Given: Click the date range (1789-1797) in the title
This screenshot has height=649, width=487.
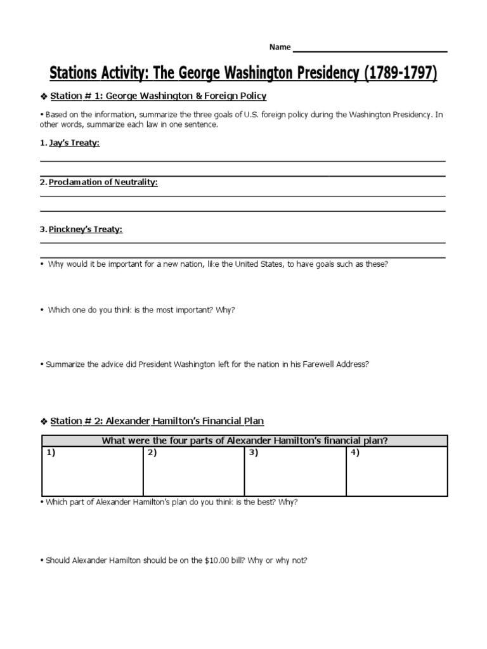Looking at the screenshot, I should tap(399, 74).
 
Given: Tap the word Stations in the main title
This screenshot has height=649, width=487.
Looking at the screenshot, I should tap(74, 74).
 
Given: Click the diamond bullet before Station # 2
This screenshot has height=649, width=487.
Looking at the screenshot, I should tap(43, 421).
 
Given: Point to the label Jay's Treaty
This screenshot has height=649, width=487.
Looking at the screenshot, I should tap(74, 143).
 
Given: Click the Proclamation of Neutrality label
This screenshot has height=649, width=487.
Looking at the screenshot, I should tap(103, 183).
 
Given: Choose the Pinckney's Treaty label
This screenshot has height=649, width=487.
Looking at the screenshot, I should tap(86, 229).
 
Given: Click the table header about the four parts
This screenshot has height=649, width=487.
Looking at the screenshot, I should tap(244, 440).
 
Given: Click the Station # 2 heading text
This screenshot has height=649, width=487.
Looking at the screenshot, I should tap(157, 421).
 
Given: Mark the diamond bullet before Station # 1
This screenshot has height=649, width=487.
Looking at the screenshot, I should tap(43, 96).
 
